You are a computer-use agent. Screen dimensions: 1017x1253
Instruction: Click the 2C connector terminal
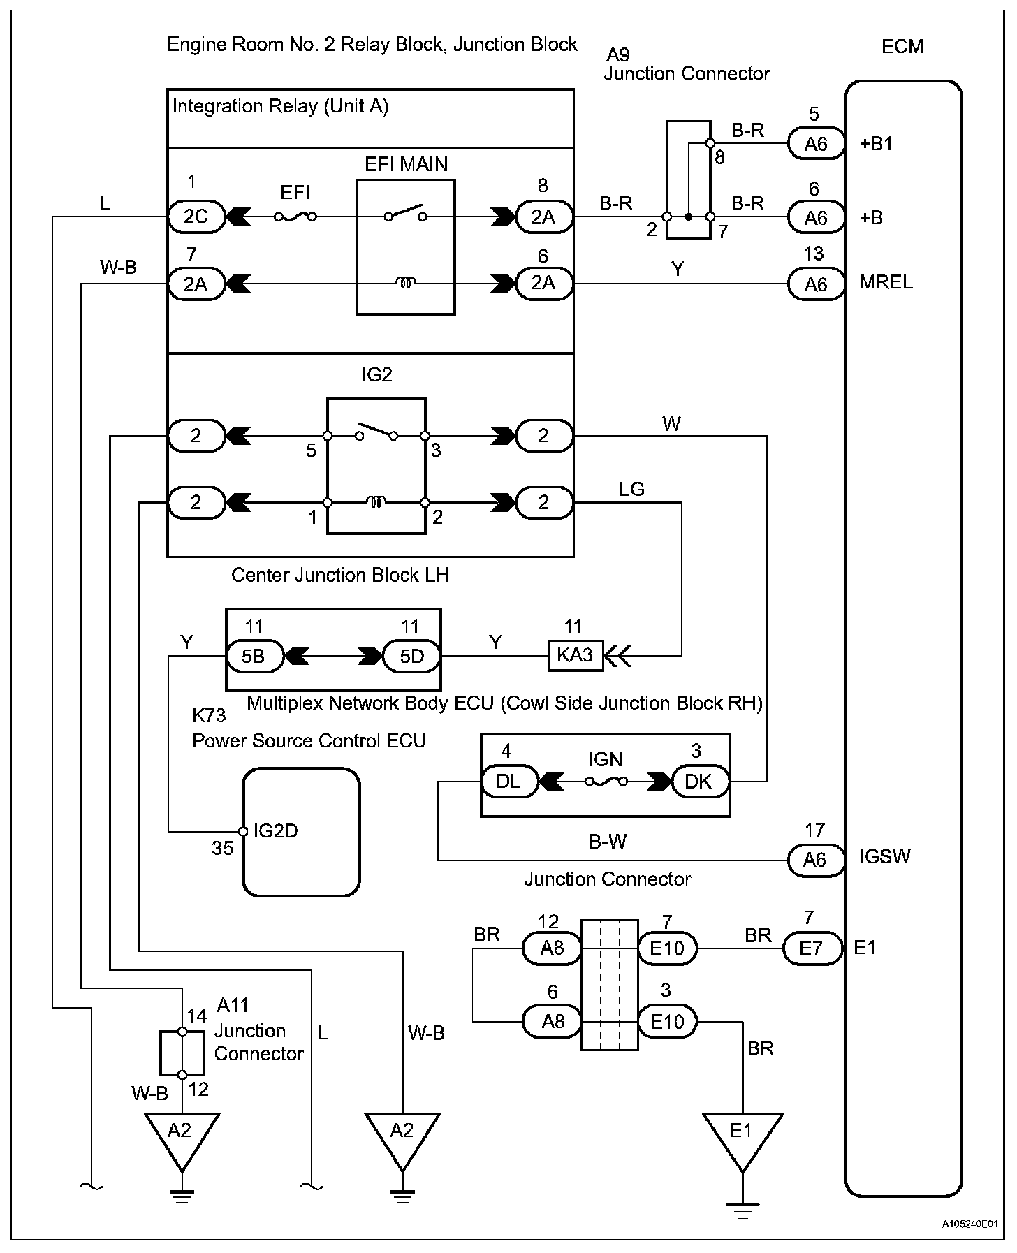(196, 217)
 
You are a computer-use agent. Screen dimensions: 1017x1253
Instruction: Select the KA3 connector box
(575, 655)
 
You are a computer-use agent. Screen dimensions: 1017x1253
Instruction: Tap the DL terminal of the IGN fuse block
(510, 782)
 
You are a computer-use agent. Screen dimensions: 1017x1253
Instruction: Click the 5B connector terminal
(254, 657)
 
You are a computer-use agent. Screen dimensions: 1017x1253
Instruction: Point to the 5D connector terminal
(412, 657)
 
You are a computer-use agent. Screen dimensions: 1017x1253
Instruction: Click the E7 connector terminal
(812, 948)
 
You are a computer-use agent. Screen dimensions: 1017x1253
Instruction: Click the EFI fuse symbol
(295, 217)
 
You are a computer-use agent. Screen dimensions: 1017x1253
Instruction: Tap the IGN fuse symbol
(605, 782)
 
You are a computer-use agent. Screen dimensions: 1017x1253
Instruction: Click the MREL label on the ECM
(886, 282)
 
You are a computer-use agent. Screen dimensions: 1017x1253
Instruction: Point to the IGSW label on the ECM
(884, 856)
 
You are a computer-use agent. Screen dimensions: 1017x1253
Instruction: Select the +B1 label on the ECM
(877, 144)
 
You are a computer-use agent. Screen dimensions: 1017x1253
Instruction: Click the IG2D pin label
(275, 830)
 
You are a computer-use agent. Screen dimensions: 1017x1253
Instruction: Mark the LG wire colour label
(631, 489)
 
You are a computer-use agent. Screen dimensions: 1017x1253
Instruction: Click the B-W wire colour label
(608, 842)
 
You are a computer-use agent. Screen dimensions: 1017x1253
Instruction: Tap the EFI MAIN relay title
(406, 164)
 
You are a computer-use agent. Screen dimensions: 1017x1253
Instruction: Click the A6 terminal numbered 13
(816, 284)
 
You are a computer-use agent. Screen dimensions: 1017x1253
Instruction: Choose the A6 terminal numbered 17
(816, 860)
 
